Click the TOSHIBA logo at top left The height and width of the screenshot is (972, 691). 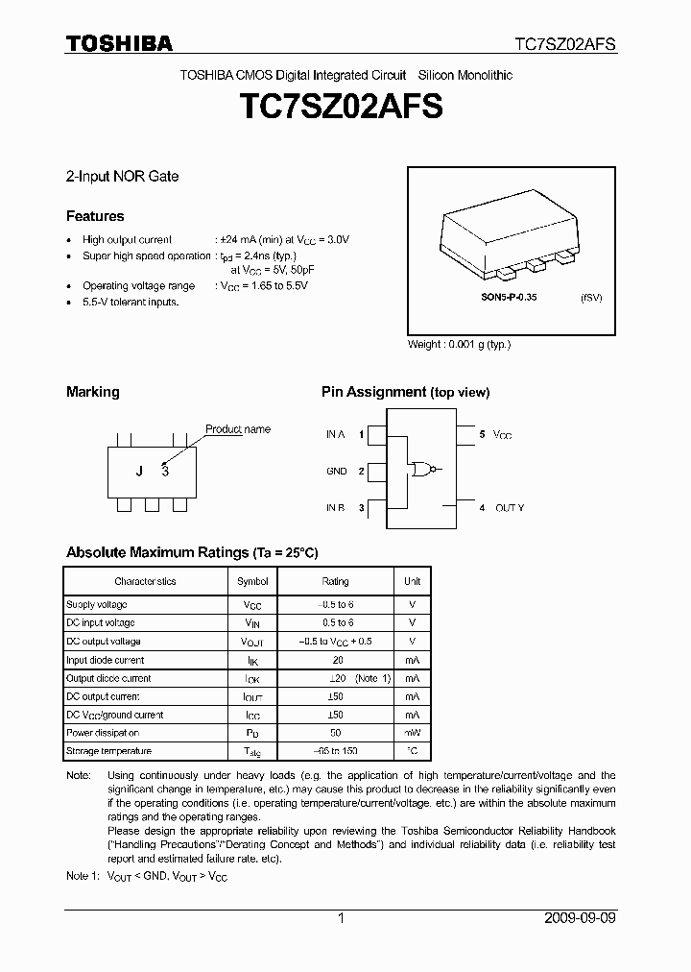pyautogui.click(x=119, y=43)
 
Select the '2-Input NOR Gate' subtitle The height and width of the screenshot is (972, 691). pyautogui.click(x=122, y=177)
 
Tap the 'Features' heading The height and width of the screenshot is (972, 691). pyautogui.click(x=95, y=216)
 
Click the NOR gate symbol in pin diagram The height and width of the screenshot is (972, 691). pyautogui.click(x=420, y=470)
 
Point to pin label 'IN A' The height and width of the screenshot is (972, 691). pyautogui.click(x=335, y=435)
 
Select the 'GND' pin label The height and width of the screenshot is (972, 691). pyautogui.click(x=336, y=472)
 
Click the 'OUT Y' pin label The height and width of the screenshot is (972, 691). pyautogui.click(x=510, y=507)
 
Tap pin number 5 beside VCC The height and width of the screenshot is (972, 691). pyautogui.click(x=482, y=435)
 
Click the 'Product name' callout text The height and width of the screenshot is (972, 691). pyautogui.click(x=238, y=429)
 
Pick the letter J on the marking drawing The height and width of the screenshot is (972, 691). pyautogui.click(x=139, y=471)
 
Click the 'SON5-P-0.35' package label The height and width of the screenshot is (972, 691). pyautogui.click(x=509, y=298)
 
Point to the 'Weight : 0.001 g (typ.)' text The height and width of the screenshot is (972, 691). pyautogui.click(x=460, y=344)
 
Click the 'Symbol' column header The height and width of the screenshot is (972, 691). pyautogui.click(x=252, y=581)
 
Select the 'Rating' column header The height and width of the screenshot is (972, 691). pyautogui.click(x=335, y=581)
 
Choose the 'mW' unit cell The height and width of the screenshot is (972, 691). pyautogui.click(x=412, y=733)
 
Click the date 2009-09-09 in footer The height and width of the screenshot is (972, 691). pyautogui.click(x=575, y=918)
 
